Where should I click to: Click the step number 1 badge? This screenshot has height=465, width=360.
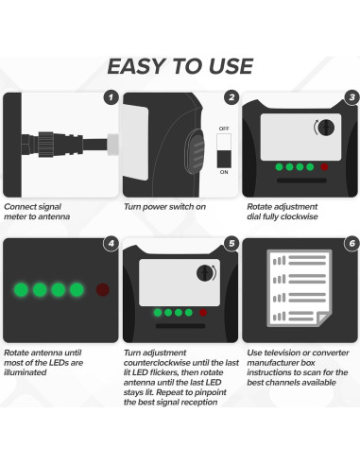coord(111,97)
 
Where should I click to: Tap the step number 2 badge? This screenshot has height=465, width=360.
coord(231,97)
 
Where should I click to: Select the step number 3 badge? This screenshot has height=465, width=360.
coord(352,97)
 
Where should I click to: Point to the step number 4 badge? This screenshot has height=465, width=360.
coord(111,243)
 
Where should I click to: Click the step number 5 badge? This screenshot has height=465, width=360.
coord(231,243)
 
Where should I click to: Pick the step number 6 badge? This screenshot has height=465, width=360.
coord(352,243)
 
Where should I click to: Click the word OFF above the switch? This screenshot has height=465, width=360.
coord(224,129)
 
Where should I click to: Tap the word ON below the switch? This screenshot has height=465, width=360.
coord(224,172)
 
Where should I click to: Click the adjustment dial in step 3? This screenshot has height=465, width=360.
coord(326,128)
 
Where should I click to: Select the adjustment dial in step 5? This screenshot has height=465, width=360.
coord(205,273)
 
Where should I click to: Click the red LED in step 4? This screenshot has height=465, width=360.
coord(103,289)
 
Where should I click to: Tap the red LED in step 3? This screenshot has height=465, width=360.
coord(324,167)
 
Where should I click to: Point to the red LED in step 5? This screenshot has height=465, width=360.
coord(203,313)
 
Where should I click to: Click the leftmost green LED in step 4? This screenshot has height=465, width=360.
coord(21,289)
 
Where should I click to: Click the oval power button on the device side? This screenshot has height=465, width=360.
coord(195,151)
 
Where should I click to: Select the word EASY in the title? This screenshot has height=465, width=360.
coord(136,66)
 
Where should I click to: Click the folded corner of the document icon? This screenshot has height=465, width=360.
coord(322,318)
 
